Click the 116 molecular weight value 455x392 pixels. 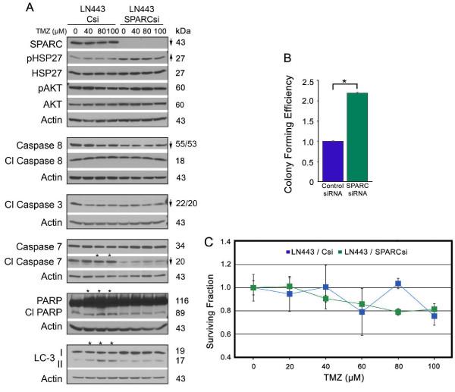point(182,302)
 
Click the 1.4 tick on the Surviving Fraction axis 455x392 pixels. point(224,241)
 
